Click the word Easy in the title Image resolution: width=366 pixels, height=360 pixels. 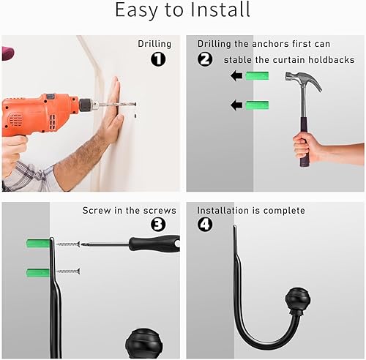pyautogui.click(x=136, y=10)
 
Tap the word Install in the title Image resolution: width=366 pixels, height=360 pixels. pyautogui.click(x=220, y=10)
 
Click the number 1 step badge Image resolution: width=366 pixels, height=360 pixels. pyautogui.click(x=158, y=59)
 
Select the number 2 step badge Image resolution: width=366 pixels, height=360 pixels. pyautogui.click(x=205, y=59)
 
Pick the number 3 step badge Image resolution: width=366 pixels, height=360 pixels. pyautogui.click(x=158, y=225)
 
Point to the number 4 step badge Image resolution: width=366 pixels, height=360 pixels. pyautogui.click(x=205, y=225)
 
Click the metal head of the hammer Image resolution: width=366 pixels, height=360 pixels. pyautogui.click(x=304, y=80)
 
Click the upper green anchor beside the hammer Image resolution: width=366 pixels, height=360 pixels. pyautogui.click(x=257, y=76)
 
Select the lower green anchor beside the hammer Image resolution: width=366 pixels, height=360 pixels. pyautogui.click(x=257, y=105)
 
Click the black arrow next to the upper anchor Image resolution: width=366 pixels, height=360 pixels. pyautogui.click(x=236, y=76)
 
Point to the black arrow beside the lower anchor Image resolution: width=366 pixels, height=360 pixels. pyautogui.click(x=236, y=105)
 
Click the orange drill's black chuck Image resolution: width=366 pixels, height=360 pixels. pyautogui.click(x=86, y=105)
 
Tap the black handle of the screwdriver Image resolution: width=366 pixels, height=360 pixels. pyautogui.click(x=154, y=244)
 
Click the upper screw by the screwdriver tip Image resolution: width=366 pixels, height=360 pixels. pyautogui.click(x=68, y=244)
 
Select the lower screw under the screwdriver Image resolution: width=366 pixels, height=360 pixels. pyautogui.click(x=68, y=271)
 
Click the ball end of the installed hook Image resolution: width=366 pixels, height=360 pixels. pyautogui.click(x=298, y=299)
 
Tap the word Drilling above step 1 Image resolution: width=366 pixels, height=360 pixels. pyautogui.click(x=154, y=44)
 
